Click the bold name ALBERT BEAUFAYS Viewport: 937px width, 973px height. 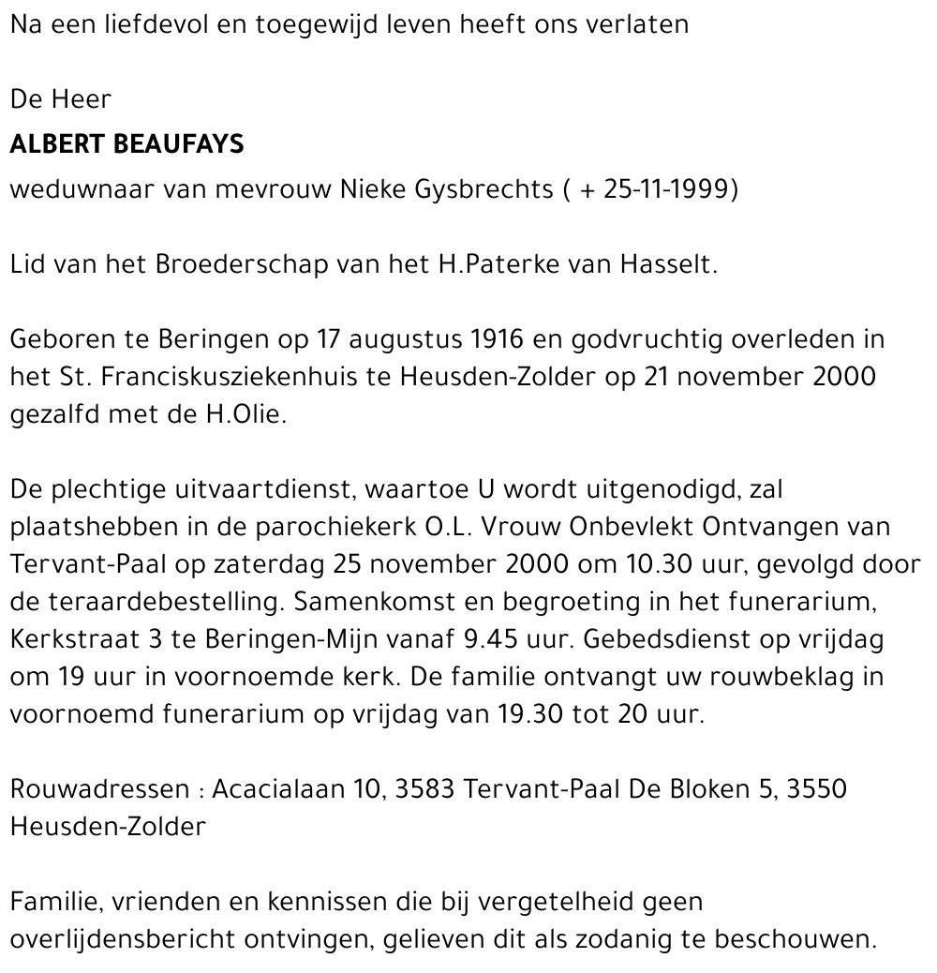tap(126, 144)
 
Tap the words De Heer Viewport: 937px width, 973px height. tap(61, 98)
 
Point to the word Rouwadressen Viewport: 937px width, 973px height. tap(100, 789)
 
